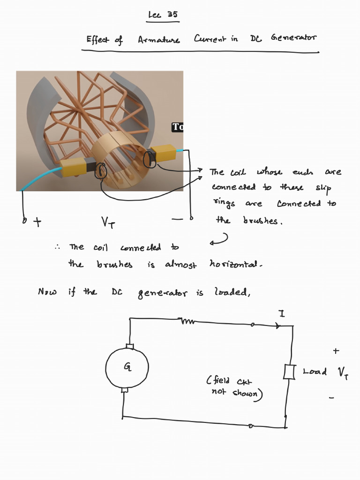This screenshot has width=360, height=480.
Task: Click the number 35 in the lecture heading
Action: pos(172,15)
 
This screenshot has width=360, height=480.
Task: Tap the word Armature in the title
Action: pos(158,40)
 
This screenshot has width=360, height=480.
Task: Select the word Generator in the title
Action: pos(293,38)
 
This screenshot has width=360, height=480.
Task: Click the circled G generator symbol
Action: pos(127,367)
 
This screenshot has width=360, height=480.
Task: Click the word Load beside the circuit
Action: pos(315,372)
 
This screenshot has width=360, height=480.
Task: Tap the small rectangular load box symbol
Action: pos(288,372)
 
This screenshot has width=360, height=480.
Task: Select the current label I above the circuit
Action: pos(282,314)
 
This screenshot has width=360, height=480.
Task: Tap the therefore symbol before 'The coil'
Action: pos(57,247)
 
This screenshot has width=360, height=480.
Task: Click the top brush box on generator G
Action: pos(130,347)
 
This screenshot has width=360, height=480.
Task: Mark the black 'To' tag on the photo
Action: pos(177,127)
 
